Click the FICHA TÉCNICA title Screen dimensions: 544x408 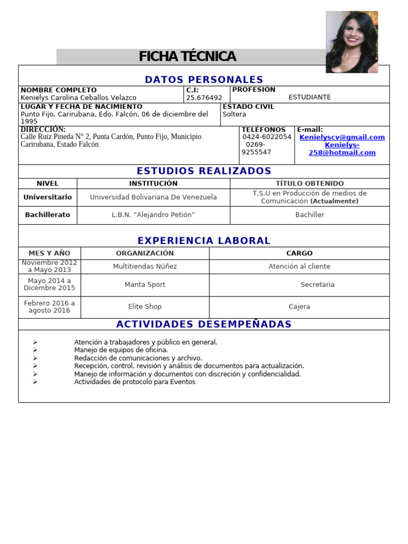tap(188, 57)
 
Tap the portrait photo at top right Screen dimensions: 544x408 tap(352, 42)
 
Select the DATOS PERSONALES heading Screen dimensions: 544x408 tap(204, 80)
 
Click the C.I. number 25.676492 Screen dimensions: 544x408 tap(204, 98)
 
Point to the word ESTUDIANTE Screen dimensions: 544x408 tap(310, 97)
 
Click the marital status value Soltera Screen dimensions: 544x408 tap(234, 114)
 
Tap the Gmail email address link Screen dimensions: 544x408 tap(342, 137)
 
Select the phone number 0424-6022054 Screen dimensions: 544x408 tap(267, 137)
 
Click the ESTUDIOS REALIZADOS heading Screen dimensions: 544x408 tap(204, 171)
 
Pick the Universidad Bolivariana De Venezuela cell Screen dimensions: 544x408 tap(153, 197)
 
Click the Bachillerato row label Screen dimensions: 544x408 tap(47, 215)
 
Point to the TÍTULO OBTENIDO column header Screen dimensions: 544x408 tap(309, 183)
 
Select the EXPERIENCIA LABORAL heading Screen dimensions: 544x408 tap(204, 241)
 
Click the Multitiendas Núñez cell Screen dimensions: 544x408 tap(145, 266)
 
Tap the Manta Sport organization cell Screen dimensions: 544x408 tap(145, 285)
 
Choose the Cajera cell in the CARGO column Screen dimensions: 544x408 tap(299, 307)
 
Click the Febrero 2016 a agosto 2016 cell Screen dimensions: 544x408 tap(49, 307)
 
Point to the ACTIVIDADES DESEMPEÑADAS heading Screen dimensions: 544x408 tap(204, 324)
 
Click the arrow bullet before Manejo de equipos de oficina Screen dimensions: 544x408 tap(35, 350)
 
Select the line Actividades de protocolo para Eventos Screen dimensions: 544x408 tap(134, 382)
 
